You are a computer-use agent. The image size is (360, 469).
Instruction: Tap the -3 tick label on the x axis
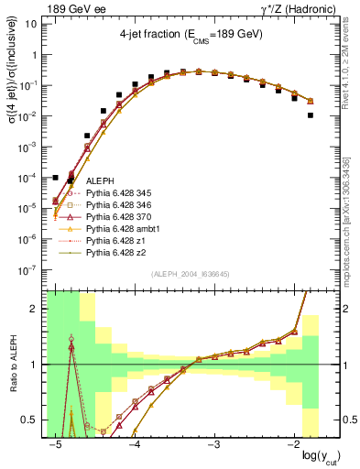pos(214,444)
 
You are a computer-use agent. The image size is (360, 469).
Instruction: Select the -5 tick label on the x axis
pos(56,444)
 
